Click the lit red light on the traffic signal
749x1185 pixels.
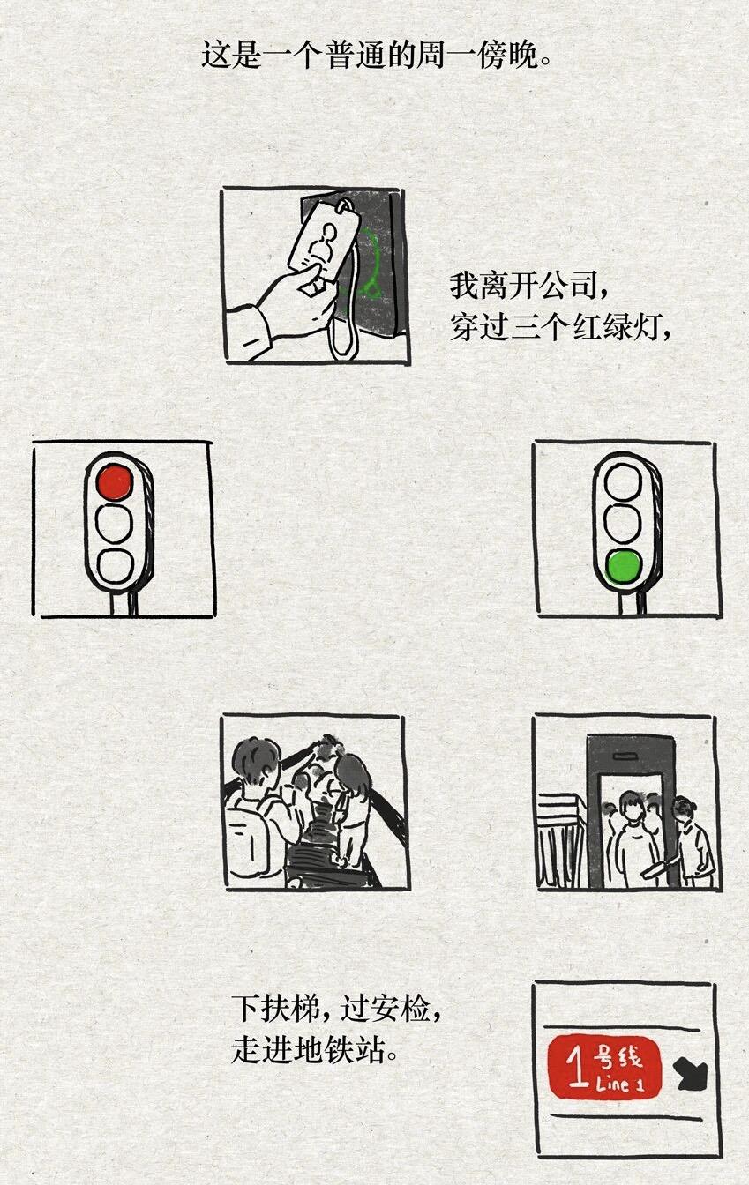[115, 482]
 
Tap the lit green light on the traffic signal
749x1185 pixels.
[624, 565]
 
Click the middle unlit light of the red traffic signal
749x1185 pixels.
[115, 523]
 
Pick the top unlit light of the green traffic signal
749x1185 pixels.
[624, 482]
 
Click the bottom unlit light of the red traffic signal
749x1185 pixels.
[115, 566]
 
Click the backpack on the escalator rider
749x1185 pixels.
[250, 838]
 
